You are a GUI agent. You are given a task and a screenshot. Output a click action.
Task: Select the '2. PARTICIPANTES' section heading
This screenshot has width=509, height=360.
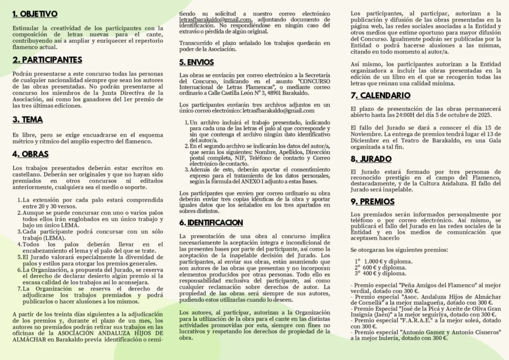(47, 60)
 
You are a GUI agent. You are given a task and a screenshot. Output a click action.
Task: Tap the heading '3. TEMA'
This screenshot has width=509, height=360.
(28, 120)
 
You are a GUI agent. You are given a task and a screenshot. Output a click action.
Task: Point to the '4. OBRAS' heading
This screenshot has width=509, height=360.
(30, 154)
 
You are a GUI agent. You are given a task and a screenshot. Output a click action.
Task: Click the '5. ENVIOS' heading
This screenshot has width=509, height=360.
(197, 63)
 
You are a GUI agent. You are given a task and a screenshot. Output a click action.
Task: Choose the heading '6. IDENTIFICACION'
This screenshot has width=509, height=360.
(211, 222)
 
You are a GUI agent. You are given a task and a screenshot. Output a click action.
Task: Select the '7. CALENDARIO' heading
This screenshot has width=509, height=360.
(380, 95)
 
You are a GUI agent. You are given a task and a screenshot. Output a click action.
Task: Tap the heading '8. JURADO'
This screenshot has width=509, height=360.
(371, 159)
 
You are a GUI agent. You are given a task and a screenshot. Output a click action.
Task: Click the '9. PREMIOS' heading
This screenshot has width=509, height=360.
(372, 201)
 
